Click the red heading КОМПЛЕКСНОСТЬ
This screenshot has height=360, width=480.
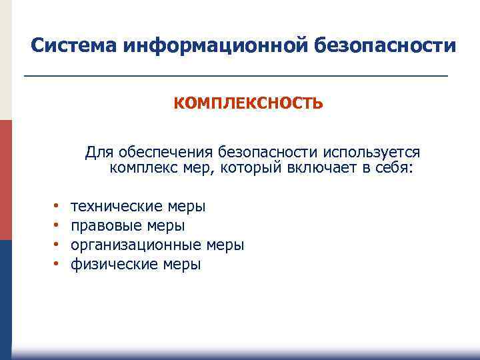pos(249,103)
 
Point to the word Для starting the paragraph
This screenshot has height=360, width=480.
pos(98,153)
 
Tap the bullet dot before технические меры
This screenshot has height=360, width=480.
pos(56,207)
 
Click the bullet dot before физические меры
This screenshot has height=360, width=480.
pos(56,265)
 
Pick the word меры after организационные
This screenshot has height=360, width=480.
pos(225,245)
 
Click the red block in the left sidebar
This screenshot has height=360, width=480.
pos(5,180)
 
